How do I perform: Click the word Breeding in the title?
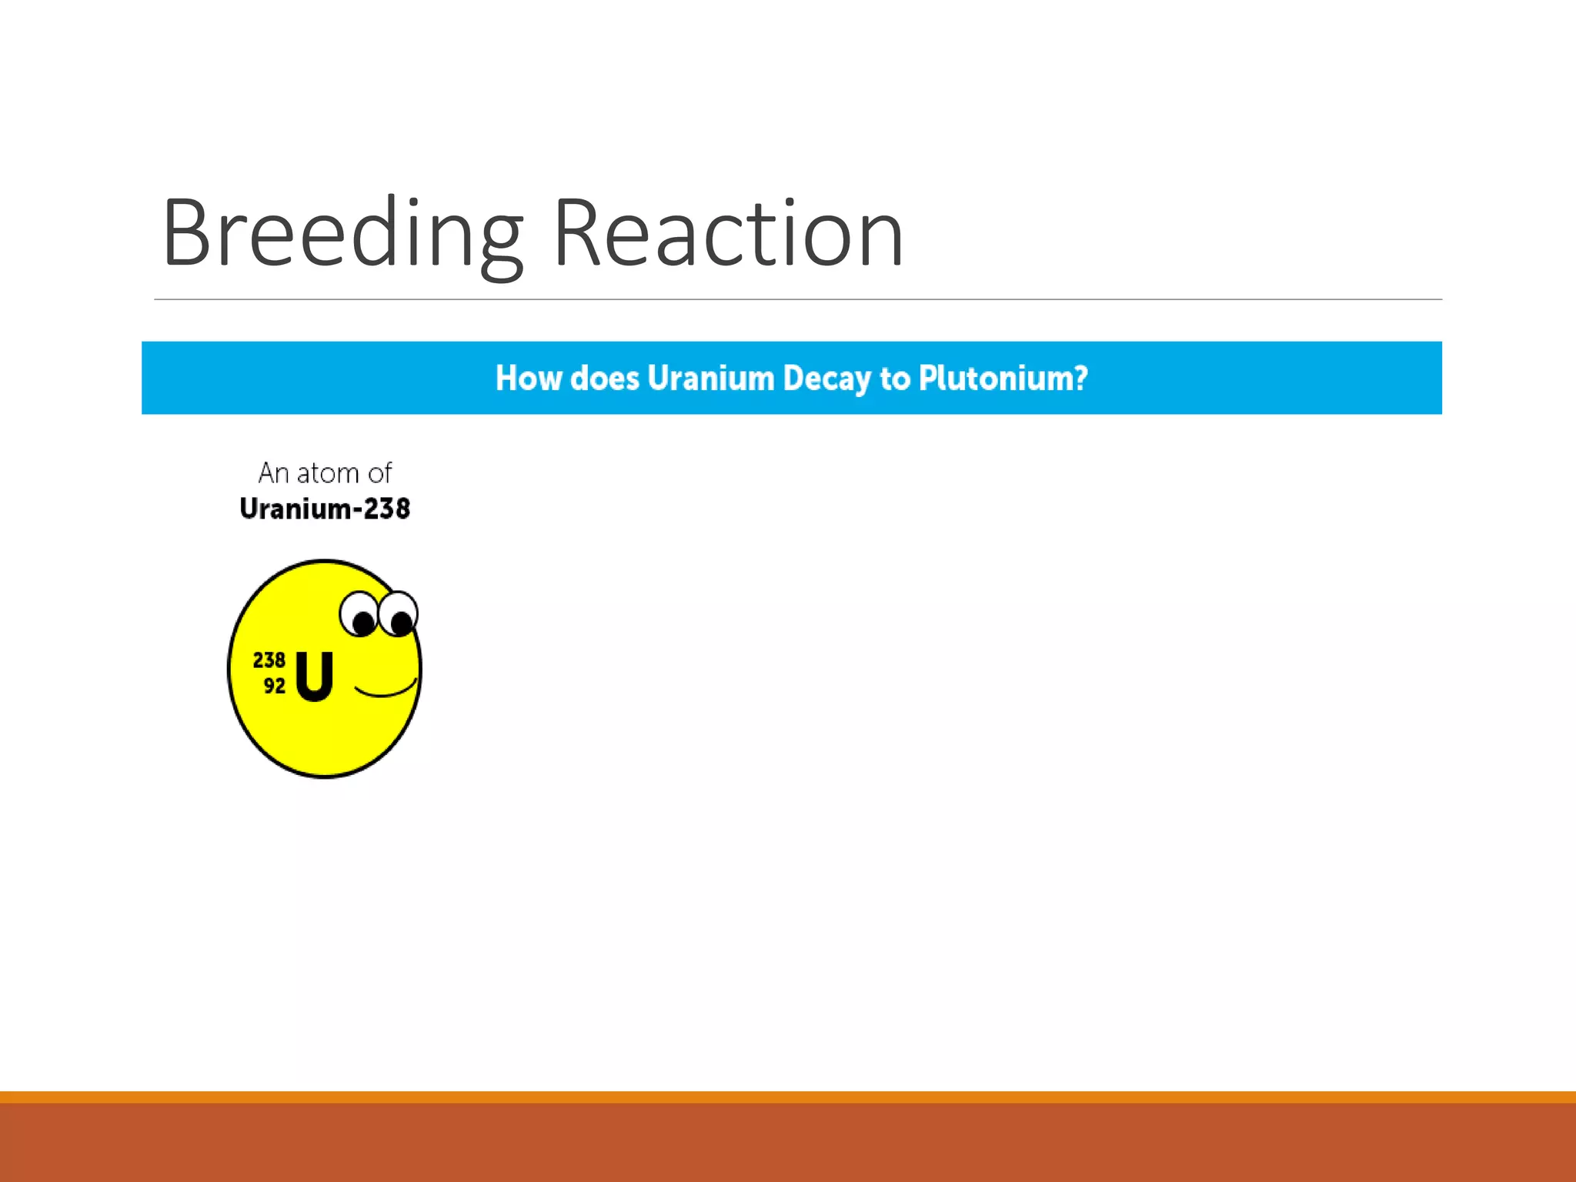(x=342, y=235)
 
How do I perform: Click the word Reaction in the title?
(x=727, y=235)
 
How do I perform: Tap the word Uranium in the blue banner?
(x=710, y=378)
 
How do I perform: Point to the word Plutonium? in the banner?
(x=1003, y=378)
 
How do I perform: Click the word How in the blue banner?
(x=529, y=378)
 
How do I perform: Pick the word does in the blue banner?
(x=605, y=378)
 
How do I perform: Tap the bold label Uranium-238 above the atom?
(x=325, y=509)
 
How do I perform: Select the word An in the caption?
(x=273, y=473)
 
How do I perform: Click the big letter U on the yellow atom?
(x=314, y=676)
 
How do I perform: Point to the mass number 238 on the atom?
(x=269, y=660)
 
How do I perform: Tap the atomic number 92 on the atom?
(x=274, y=686)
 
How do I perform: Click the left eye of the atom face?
(x=359, y=615)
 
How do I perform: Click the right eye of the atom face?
(x=399, y=614)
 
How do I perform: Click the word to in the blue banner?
(x=894, y=378)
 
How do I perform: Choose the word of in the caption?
(x=379, y=473)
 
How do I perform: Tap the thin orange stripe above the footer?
(x=788, y=1097)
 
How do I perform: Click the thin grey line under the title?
(x=797, y=299)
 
